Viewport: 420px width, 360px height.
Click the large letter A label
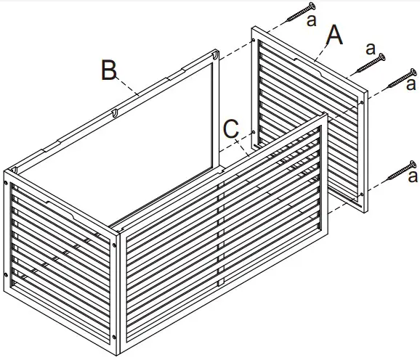(x=334, y=35)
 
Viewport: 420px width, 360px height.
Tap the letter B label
(x=109, y=70)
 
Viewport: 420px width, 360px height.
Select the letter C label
(x=231, y=128)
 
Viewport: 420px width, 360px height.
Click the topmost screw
(x=301, y=11)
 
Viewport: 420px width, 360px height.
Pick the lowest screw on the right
(x=401, y=171)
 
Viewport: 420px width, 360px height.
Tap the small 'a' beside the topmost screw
(x=312, y=20)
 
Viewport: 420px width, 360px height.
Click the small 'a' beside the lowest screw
(x=413, y=176)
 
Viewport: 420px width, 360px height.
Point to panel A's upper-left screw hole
(x=254, y=41)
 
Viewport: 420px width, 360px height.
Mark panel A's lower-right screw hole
(x=362, y=195)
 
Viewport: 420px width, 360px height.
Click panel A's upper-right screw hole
(x=362, y=102)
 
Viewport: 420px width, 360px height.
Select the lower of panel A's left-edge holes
(x=254, y=132)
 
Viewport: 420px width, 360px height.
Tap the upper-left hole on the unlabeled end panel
(x=6, y=183)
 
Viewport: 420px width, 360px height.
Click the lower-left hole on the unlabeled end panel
(x=6, y=274)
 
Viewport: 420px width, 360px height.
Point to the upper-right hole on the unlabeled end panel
(x=114, y=245)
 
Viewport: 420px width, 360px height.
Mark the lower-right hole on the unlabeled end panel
(x=114, y=337)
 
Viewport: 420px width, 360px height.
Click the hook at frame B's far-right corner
(x=215, y=55)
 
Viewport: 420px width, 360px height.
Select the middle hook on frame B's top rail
(x=115, y=113)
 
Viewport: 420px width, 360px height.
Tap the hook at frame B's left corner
(x=15, y=170)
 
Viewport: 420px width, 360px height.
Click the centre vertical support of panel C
(x=220, y=235)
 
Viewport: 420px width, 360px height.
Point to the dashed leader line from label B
(x=128, y=86)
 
